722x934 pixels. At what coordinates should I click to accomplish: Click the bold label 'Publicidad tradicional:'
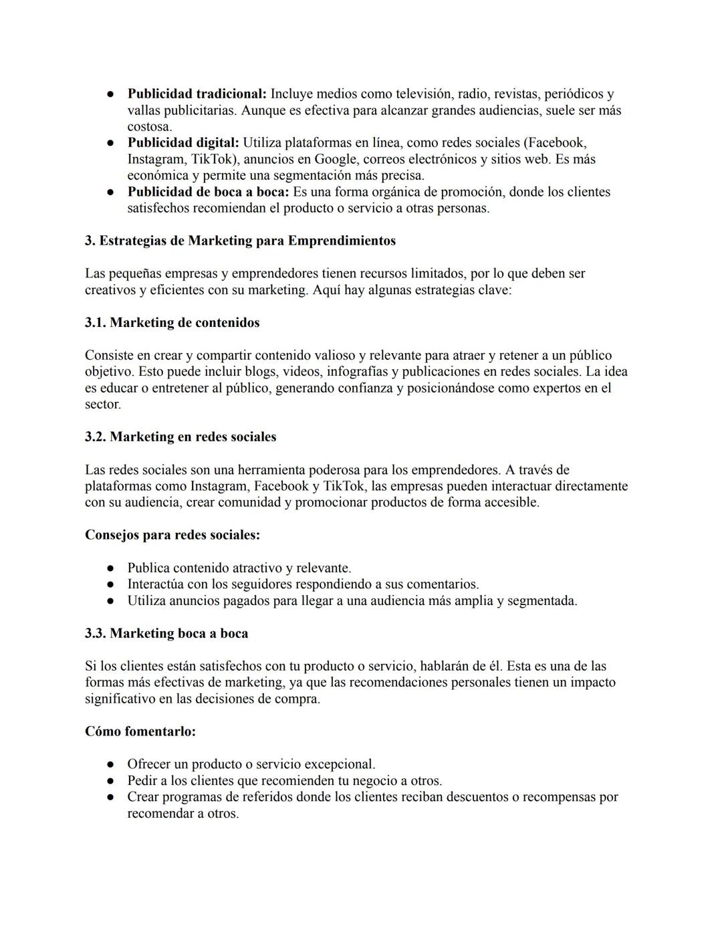pos(197,94)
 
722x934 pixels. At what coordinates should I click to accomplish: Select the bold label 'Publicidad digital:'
pos(183,143)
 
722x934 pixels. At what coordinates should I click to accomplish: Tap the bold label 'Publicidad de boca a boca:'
pos(208,192)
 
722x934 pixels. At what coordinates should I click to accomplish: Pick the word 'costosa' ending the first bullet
pos(149,127)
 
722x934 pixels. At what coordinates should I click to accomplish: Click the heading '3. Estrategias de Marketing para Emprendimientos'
pos(240,241)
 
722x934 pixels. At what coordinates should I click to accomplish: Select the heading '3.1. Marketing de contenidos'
pos(172,323)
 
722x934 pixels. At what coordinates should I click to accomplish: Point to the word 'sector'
pos(102,404)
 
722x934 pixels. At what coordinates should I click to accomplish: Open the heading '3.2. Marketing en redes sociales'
pos(180,437)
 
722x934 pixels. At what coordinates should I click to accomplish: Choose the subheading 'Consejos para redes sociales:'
pos(172,536)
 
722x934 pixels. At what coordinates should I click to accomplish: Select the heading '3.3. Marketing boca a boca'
pos(166,634)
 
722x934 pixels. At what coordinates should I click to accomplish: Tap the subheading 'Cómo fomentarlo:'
pos(140,732)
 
